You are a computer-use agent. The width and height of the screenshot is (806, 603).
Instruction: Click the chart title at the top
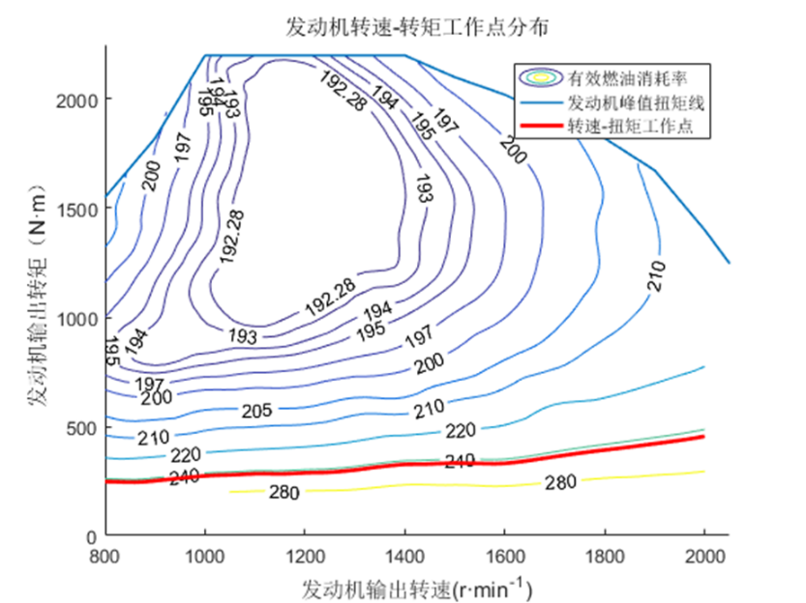pyautogui.click(x=417, y=26)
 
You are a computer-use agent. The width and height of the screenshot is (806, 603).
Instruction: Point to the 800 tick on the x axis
pyautogui.click(x=105, y=558)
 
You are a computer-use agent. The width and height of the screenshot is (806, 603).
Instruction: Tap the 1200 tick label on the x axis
pyautogui.click(x=304, y=558)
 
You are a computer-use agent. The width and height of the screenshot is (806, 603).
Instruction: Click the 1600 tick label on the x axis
pyautogui.click(x=504, y=558)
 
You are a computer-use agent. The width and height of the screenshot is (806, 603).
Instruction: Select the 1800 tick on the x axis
pyautogui.click(x=604, y=558)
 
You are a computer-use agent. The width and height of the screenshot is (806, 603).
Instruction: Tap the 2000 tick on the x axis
pyautogui.click(x=703, y=558)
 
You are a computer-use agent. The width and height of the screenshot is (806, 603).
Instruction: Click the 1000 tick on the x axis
pyautogui.click(x=204, y=558)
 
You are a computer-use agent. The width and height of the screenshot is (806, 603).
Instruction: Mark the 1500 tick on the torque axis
pyautogui.click(x=76, y=209)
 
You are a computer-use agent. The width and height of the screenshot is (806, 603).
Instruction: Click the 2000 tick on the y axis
pyautogui.click(x=76, y=100)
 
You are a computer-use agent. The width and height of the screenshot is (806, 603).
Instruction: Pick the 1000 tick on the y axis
pyautogui.click(x=76, y=318)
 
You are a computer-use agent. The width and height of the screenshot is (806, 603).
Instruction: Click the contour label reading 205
pyautogui.click(x=257, y=412)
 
